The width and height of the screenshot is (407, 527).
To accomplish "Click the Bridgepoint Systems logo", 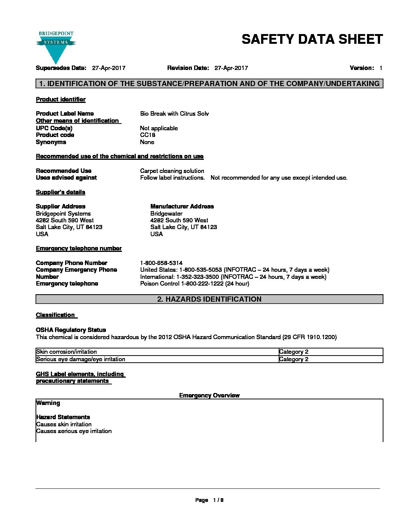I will (x=56, y=46).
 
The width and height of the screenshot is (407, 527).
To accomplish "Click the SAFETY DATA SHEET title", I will (x=312, y=39).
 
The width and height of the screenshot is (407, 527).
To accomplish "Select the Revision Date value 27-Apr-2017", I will (x=231, y=68).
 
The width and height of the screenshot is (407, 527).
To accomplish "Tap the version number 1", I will (x=381, y=68).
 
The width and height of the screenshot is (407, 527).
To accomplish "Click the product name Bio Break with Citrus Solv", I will (x=174, y=114).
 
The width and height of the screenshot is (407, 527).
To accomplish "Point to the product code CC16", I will (x=147, y=135).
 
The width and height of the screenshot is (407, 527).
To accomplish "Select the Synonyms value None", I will (x=147, y=142).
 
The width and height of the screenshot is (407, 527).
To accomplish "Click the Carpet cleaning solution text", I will (x=172, y=171).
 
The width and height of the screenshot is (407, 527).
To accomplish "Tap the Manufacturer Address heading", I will (x=182, y=207).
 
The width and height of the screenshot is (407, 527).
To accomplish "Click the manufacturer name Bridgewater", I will (x=166, y=214).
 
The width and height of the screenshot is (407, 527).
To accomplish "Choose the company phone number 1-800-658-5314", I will (x=161, y=263).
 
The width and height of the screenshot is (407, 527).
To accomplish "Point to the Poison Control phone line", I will (x=195, y=284).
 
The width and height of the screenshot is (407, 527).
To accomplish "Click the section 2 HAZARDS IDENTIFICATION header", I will (x=209, y=299).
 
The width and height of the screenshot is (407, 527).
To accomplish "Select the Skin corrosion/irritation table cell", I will (x=67, y=352).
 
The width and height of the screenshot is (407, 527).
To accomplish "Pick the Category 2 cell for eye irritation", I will (x=294, y=359).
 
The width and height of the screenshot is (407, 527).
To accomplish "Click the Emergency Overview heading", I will (x=209, y=396).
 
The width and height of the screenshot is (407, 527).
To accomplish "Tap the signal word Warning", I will (x=48, y=403).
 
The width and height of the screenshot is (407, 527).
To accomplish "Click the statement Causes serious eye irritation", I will (x=74, y=431).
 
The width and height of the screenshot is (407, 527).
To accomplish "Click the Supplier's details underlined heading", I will (x=60, y=192).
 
